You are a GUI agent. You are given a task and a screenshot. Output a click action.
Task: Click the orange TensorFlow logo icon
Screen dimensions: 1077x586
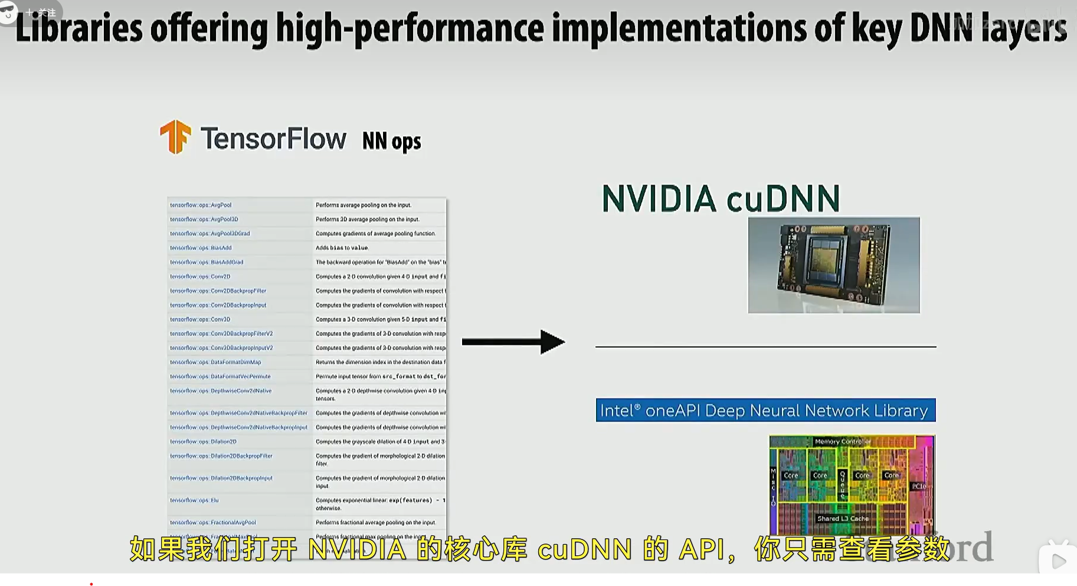coord(175,137)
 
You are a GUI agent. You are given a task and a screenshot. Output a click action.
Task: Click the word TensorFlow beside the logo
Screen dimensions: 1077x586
coord(273,139)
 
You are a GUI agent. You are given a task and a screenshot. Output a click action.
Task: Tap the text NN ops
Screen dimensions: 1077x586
coord(391,141)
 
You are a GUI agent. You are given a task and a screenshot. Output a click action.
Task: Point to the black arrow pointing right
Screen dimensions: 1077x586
coord(513,342)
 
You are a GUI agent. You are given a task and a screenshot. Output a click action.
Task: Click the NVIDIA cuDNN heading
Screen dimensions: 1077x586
coord(721,199)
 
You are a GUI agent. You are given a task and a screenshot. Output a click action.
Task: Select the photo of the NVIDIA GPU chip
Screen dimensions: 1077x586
coord(833,265)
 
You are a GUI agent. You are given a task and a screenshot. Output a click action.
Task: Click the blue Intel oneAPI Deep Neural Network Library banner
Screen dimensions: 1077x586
coord(765,410)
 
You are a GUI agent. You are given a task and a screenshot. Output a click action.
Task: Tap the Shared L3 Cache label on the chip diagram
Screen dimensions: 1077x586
coord(843,519)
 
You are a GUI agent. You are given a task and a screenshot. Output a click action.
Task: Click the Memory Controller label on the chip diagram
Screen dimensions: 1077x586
coord(842,442)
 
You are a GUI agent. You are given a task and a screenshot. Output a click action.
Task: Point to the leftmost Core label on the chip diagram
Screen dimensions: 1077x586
coord(791,475)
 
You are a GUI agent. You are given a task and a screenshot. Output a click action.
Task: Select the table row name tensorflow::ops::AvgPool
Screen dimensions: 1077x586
coord(201,205)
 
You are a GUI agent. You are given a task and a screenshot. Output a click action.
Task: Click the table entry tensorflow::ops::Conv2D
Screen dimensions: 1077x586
coord(201,276)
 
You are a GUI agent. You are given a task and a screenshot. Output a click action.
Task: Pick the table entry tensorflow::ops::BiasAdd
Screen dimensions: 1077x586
coord(201,248)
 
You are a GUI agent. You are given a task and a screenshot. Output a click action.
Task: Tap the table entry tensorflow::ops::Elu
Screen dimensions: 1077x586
coord(194,501)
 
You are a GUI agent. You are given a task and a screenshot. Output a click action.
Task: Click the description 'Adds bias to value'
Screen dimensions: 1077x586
coord(342,248)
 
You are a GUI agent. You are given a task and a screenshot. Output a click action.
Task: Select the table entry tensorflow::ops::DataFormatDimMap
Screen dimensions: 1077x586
coord(215,363)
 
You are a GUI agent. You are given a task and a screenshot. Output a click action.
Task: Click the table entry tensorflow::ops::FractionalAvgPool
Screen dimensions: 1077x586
coord(213,523)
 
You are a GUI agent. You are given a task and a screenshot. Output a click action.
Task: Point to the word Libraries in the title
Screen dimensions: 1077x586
coord(79,29)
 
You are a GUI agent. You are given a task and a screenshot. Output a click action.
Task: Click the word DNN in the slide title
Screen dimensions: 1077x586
coord(941,29)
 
